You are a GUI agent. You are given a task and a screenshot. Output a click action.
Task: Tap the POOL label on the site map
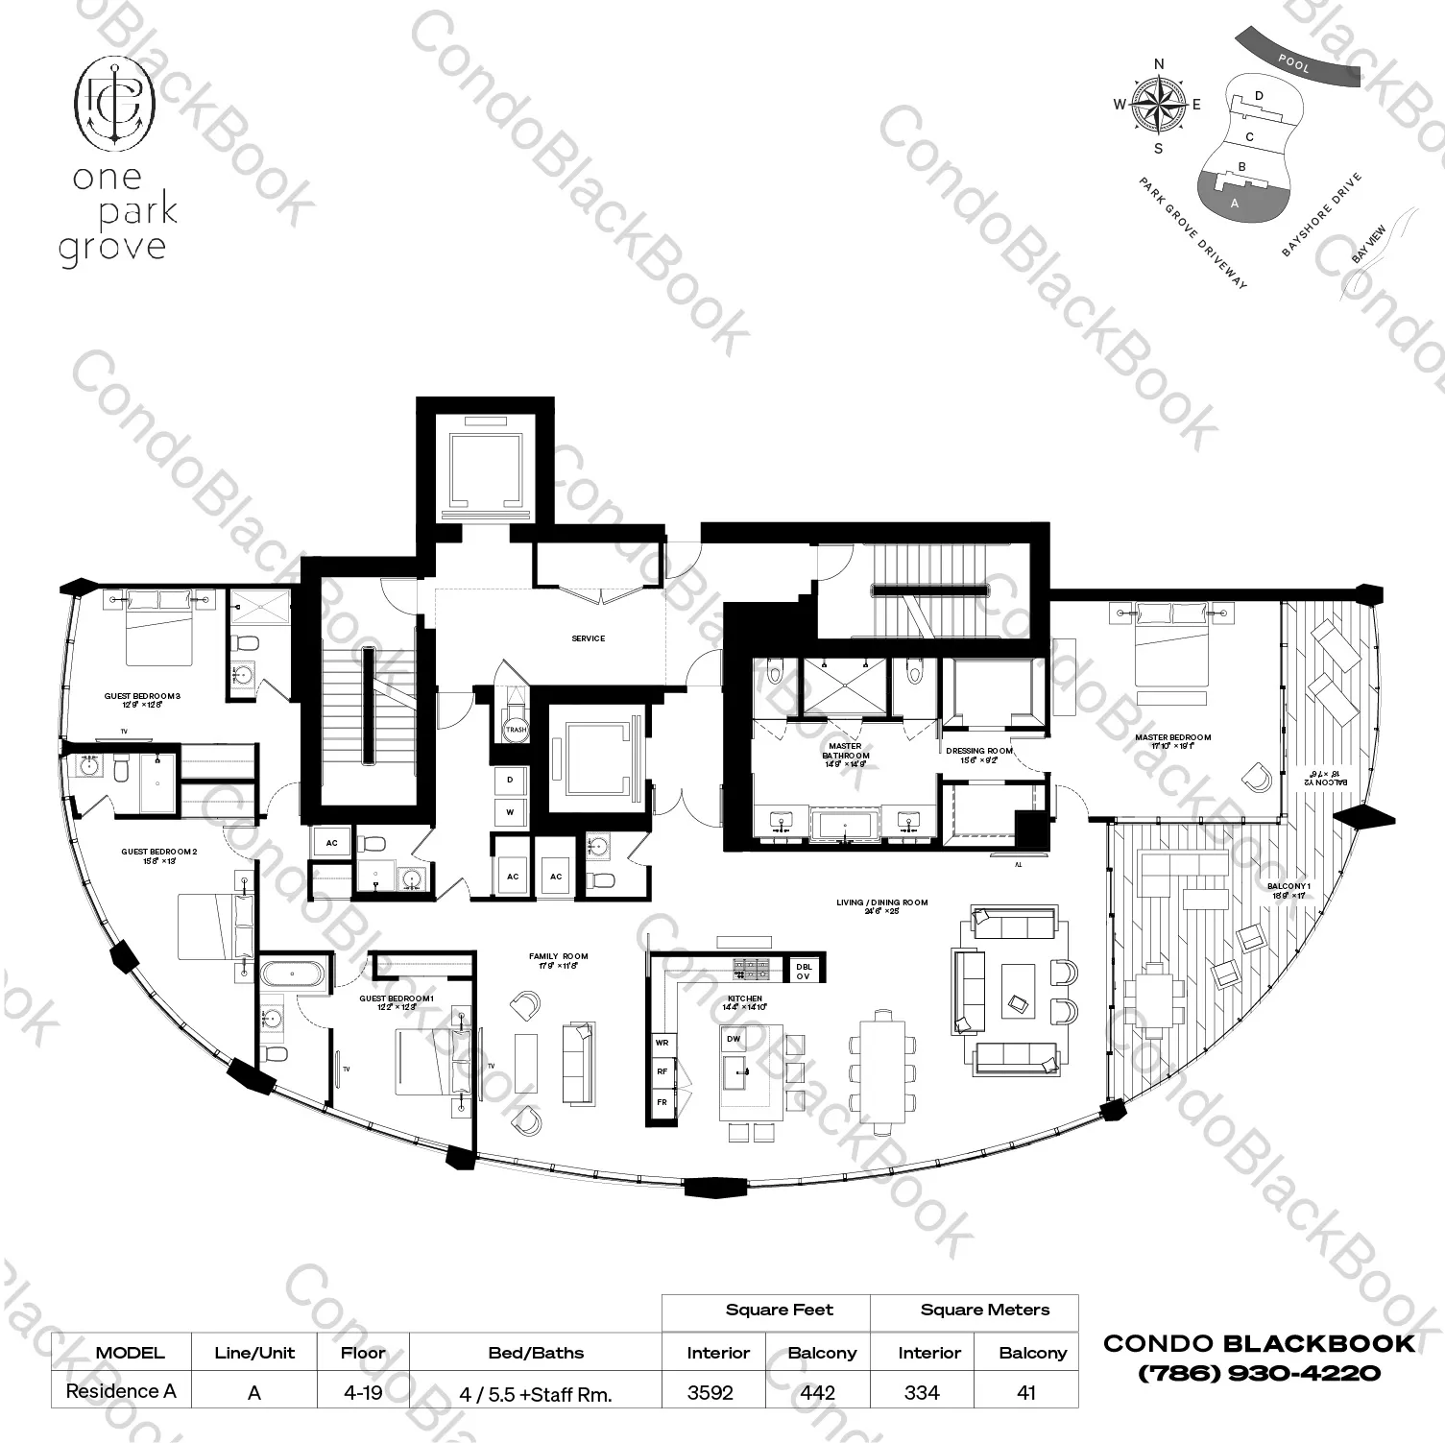click(x=1293, y=64)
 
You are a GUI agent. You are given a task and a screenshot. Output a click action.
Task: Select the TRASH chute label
click(x=516, y=730)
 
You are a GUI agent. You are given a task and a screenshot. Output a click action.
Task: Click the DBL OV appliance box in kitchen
click(x=803, y=971)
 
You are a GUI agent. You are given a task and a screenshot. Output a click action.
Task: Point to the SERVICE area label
click(x=588, y=638)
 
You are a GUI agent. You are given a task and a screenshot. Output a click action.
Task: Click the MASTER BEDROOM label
click(x=1172, y=737)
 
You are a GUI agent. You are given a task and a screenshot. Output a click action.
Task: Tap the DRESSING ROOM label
click(x=978, y=751)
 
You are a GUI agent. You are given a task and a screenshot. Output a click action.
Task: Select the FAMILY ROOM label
click(x=558, y=956)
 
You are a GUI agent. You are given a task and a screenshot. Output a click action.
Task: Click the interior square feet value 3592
click(x=710, y=1392)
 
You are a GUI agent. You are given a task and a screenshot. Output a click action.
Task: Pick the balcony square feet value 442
click(x=817, y=1392)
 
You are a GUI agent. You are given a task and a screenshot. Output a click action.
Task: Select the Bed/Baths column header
click(x=535, y=1353)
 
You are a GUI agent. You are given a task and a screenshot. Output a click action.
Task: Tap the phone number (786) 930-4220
click(x=1259, y=1374)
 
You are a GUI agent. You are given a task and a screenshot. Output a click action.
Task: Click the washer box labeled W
click(x=510, y=812)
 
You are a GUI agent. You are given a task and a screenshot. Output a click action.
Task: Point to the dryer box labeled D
click(x=510, y=781)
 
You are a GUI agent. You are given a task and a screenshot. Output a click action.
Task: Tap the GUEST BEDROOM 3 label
click(x=142, y=696)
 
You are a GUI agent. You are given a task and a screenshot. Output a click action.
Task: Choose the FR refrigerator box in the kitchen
click(x=662, y=1102)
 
